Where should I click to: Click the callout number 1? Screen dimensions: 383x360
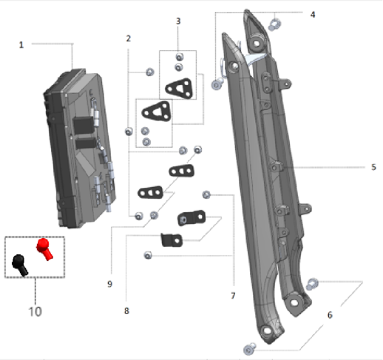(x=21, y=45)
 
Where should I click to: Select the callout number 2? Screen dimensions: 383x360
(x=128, y=38)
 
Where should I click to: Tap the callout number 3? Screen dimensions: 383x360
(x=178, y=21)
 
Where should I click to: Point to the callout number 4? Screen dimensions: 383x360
(x=313, y=15)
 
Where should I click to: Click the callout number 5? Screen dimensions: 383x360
(x=373, y=167)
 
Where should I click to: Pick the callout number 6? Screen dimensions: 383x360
(x=330, y=315)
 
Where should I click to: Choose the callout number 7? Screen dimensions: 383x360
(x=233, y=296)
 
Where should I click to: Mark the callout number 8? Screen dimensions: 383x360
(x=126, y=311)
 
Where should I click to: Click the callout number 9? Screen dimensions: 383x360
(x=110, y=284)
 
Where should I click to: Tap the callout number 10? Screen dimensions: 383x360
(x=35, y=312)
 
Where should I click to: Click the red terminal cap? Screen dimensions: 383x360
(x=44, y=249)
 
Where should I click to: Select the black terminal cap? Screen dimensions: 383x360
(x=20, y=265)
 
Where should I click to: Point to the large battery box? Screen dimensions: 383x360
(x=79, y=148)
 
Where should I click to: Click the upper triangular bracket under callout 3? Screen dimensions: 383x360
(x=179, y=89)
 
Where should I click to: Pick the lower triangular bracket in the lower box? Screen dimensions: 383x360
(x=157, y=111)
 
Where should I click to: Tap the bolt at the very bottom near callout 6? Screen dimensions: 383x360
(x=249, y=349)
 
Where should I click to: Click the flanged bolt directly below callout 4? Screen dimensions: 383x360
(x=274, y=24)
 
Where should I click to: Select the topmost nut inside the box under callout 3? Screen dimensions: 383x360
(x=180, y=57)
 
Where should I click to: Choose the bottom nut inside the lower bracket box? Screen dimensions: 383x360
(x=146, y=142)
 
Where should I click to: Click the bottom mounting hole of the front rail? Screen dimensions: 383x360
(x=266, y=330)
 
